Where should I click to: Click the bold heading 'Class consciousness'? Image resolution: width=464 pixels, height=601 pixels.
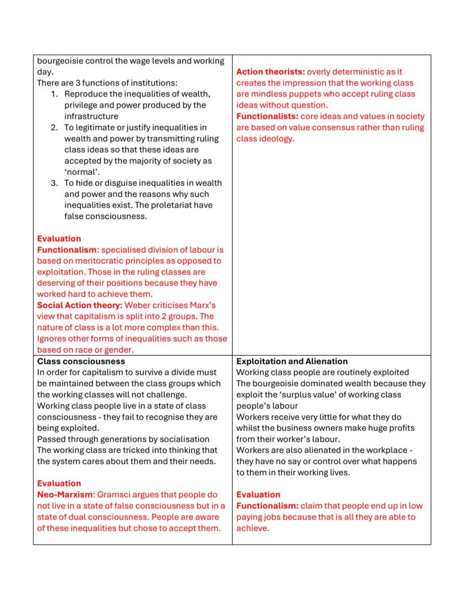pos(81,361)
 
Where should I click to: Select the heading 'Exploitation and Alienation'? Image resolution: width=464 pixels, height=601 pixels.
pos(291,361)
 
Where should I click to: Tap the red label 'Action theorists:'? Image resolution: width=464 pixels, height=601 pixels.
pos(271,72)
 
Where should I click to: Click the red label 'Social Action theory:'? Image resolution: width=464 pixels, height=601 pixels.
pos(80,305)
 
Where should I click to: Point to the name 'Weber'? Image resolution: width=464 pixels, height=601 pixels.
pos(138,305)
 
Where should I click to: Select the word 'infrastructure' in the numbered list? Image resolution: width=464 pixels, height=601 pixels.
pos(91,116)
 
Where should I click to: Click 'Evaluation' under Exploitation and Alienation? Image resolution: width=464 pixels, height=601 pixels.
pos(258,494)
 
